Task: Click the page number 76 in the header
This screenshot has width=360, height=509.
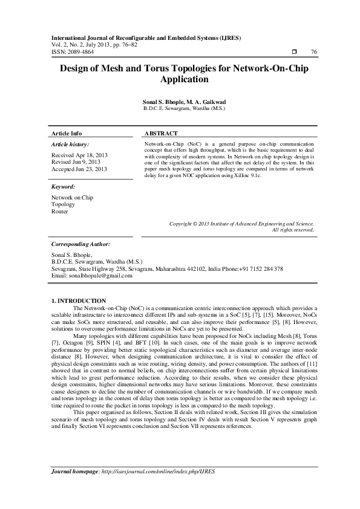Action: coord(313,52)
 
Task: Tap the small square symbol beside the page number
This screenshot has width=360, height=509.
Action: coord(293,52)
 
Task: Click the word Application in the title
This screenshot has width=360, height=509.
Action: coord(180,79)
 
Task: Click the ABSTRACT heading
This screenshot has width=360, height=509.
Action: coord(161,133)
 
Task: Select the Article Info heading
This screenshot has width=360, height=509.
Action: coord(67,133)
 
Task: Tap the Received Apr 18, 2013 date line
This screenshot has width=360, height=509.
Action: coord(79,155)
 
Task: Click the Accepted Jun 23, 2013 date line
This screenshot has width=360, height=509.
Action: coord(79,169)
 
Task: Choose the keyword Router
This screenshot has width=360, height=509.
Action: coord(60,212)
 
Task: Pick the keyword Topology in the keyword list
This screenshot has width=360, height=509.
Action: coord(64,204)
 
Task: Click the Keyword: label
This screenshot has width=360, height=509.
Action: coord(63,187)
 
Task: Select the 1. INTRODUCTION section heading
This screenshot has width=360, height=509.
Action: coord(79,300)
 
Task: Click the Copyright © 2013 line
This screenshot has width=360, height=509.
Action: coord(241,224)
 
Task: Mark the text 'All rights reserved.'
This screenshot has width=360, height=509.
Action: coord(293,230)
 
